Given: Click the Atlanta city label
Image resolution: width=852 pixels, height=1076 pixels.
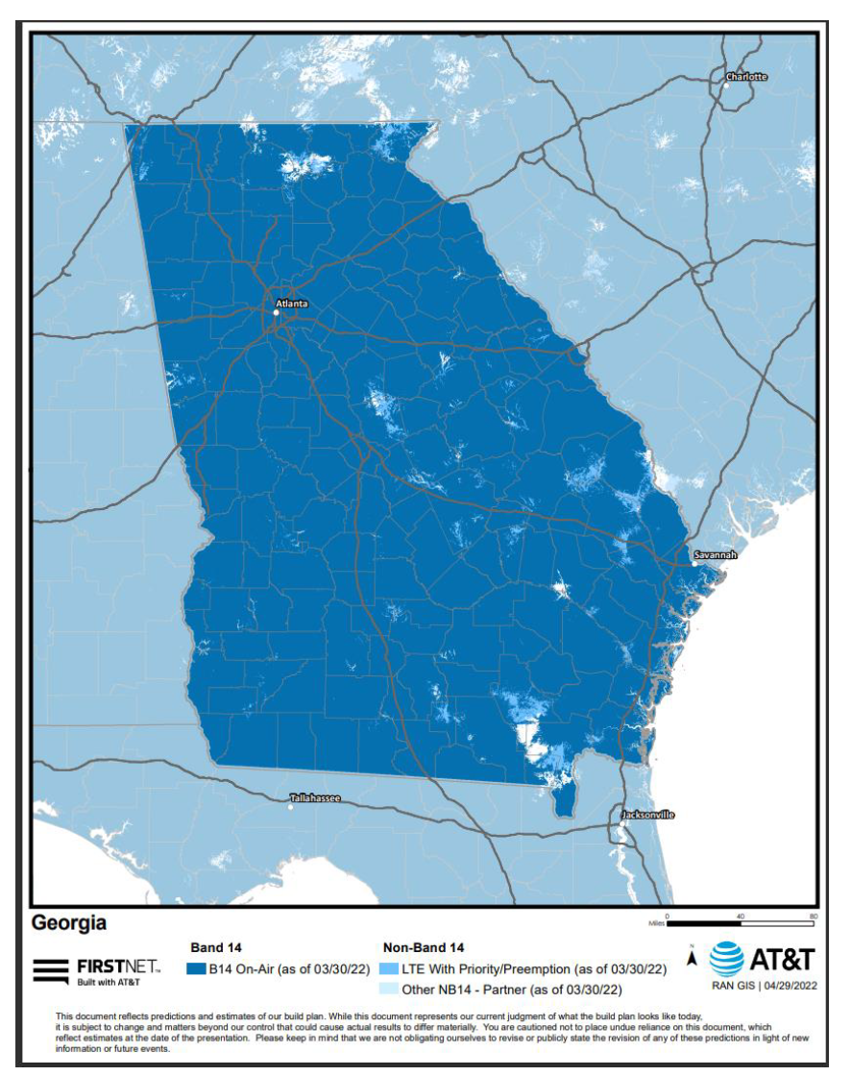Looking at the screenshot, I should pyautogui.click(x=291, y=303).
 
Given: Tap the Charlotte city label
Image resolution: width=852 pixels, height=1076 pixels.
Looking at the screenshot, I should pyautogui.click(x=746, y=76).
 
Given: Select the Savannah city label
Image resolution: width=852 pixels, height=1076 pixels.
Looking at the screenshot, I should pyautogui.click(x=716, y=555).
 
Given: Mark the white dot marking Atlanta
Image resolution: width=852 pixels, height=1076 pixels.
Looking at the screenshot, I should pyautogui.click(x=277, y=311).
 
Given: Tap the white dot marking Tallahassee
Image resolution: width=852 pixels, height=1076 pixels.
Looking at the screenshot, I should pyautogui.click(x=291, y=807).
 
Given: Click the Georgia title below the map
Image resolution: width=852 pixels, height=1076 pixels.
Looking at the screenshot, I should pyautogui.click(x=69, y=923).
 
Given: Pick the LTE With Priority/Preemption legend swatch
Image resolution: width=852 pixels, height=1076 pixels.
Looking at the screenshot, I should pyautogui.click(x=389, y=969).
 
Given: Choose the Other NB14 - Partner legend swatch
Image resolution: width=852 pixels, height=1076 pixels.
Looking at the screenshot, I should pyautogui.click(x=389, y=989).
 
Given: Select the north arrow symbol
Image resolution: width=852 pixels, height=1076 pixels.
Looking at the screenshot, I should pyautogui.click(x=691, y=957).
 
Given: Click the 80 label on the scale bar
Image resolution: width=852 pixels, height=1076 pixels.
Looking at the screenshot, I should pyautogui.click(x=813, y=916).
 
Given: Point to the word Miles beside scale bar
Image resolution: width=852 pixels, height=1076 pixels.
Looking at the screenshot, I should pyautogui.click(x=657, y=924).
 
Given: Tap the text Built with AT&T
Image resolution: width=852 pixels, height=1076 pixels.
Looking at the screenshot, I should pyautogui.click(x=109, y=981).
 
